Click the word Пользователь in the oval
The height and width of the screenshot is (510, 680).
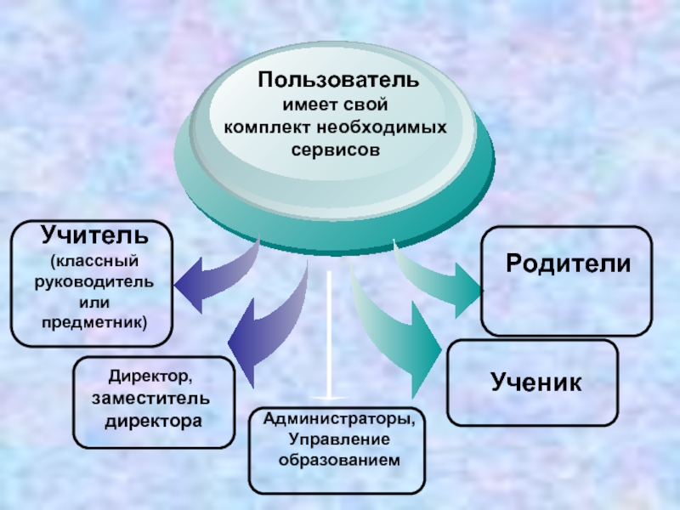point(339,82)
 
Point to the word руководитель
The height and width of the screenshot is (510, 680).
point(95,281)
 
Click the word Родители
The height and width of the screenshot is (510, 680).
point(568,263)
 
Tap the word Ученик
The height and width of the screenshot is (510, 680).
point(536,382)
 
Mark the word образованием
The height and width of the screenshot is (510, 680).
point(339,459)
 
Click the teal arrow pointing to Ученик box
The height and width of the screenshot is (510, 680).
point(399,340)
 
